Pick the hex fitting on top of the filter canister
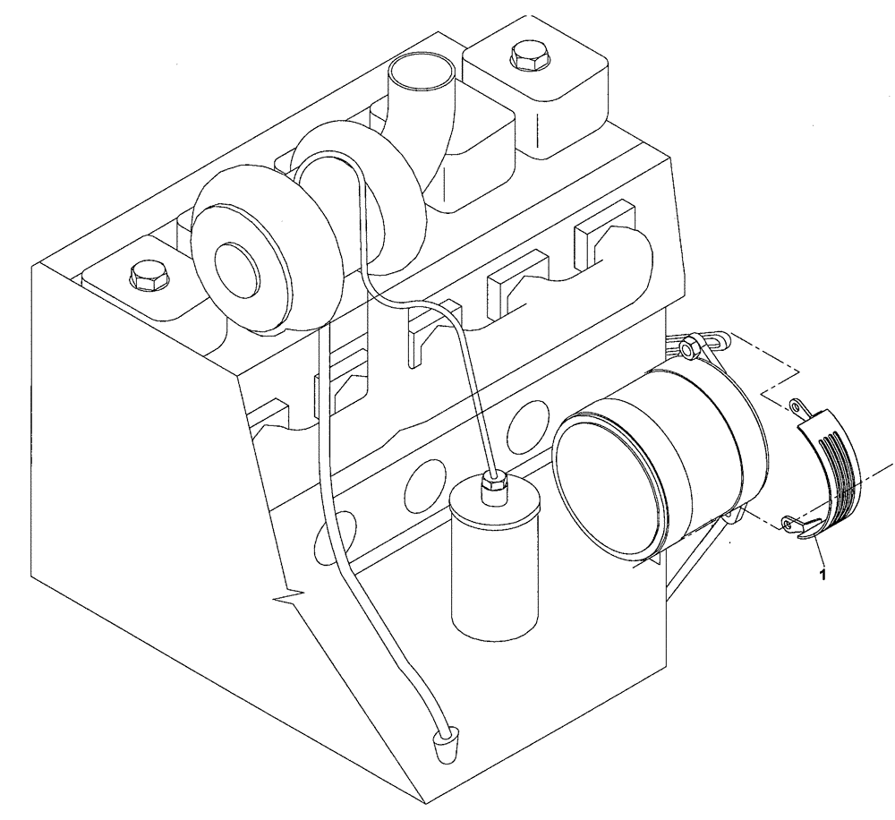point(493,484)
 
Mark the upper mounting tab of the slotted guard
point(799,406)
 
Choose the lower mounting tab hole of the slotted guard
point(788,524)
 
